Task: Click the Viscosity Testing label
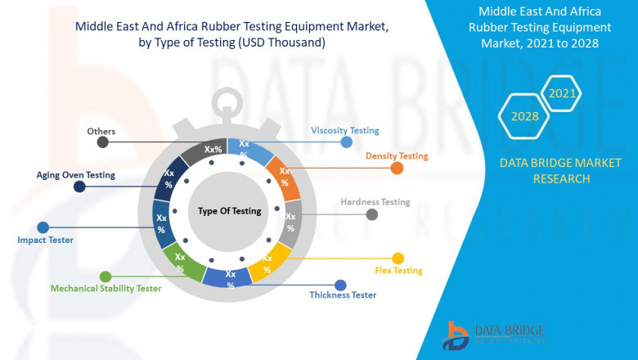[344, 130]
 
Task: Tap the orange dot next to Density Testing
[397, 169]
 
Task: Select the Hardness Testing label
[375, 202]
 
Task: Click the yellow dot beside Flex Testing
[398, 259]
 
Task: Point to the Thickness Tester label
[343, 295]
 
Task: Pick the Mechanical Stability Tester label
[106, 288]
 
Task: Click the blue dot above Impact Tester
[43, 227]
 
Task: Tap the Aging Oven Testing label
[75, 174]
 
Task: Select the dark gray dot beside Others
[102, 142]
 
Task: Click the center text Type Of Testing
[229, 211]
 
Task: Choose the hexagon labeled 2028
[524, 116]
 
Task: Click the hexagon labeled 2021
[562, 93]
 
